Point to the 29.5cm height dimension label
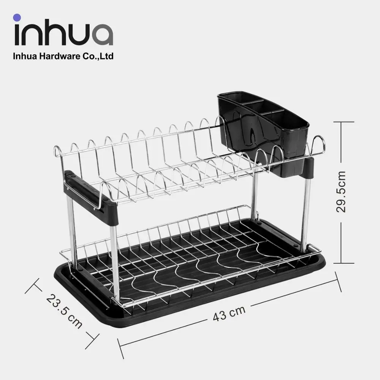(341, 192)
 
